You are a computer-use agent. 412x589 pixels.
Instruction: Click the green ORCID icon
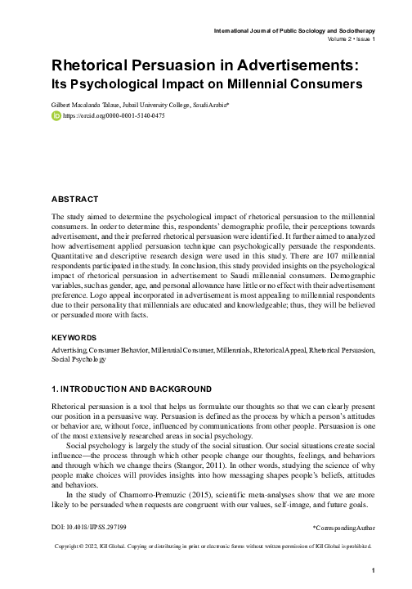tap(56, 116)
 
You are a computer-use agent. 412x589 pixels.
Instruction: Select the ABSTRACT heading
tap(75, 199)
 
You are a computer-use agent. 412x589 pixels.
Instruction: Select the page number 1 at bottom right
tap(372, 570)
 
